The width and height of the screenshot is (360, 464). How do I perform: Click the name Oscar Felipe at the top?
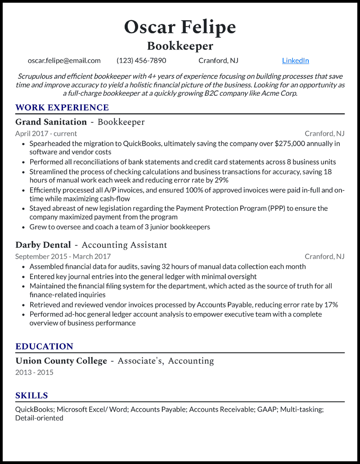point(180,27)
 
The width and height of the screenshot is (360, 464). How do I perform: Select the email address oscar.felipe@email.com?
point(64,61)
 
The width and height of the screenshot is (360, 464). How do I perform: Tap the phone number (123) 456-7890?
point(141,61)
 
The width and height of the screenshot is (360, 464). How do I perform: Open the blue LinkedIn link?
point(295,61)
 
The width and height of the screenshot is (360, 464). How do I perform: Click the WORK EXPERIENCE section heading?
point(62,107)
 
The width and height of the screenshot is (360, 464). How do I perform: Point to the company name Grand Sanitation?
point(51,122)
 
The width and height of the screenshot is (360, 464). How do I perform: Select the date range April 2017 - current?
point(46,134)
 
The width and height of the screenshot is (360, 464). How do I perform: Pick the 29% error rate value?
point(221,180)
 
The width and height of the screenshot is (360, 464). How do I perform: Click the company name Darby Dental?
point(43,245)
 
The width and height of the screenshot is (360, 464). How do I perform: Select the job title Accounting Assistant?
point(124,245)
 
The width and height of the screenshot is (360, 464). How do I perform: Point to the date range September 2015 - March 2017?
point(63,256)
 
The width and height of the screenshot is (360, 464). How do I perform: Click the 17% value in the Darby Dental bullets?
point(331,305)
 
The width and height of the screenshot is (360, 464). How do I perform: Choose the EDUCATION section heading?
point(44,347)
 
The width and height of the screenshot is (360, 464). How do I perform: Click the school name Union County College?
point(61,361)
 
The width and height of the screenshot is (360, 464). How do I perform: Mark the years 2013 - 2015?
point(34,373)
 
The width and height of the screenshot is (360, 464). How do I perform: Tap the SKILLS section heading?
point(31,396)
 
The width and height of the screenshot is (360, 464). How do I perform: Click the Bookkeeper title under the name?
point(180,46)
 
